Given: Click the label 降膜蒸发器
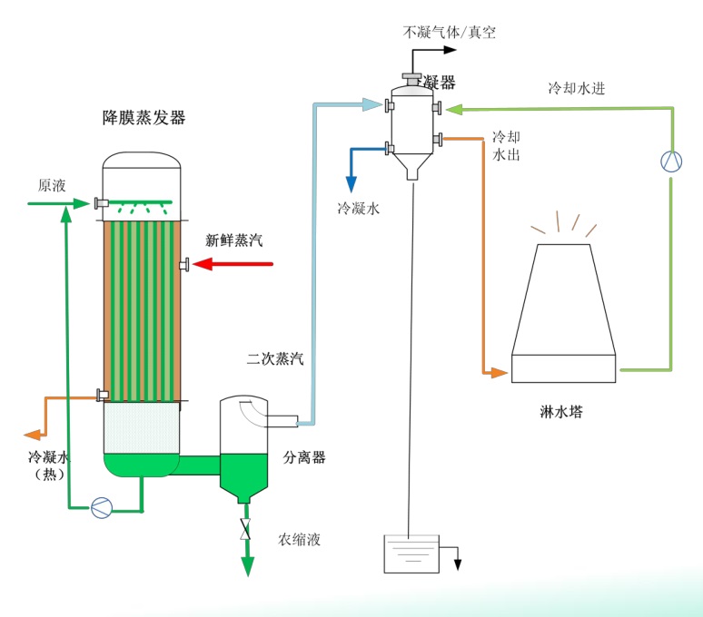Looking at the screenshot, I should [x=144, y=118].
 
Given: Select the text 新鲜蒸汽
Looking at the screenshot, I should [x=233, y=240].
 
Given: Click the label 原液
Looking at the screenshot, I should [x=52, y=185].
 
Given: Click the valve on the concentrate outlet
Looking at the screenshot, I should [x=245, y=530].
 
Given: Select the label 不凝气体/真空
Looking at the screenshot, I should [x=450, y=33].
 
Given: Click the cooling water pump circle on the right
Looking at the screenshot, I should [x=670, y=162].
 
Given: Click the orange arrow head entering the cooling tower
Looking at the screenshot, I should [x=499, y=372].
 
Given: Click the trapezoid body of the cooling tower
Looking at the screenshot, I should [x=563, y=299].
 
